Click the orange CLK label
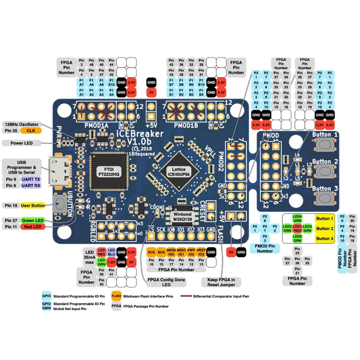coord(31,131)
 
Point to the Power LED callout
coord(22,143)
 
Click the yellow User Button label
coord(33,205)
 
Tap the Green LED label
coord(33,220)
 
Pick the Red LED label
coord(33,227)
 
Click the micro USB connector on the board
coord(59,171)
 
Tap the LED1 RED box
coord(297,228)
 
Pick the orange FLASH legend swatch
coord(116,296)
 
